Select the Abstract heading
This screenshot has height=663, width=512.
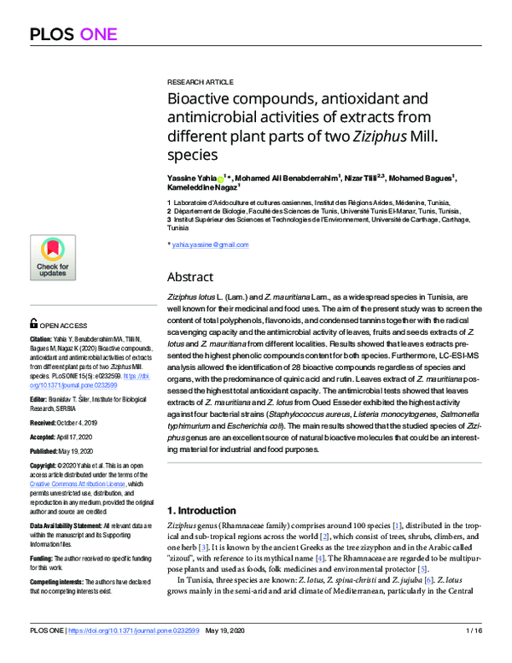195,277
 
